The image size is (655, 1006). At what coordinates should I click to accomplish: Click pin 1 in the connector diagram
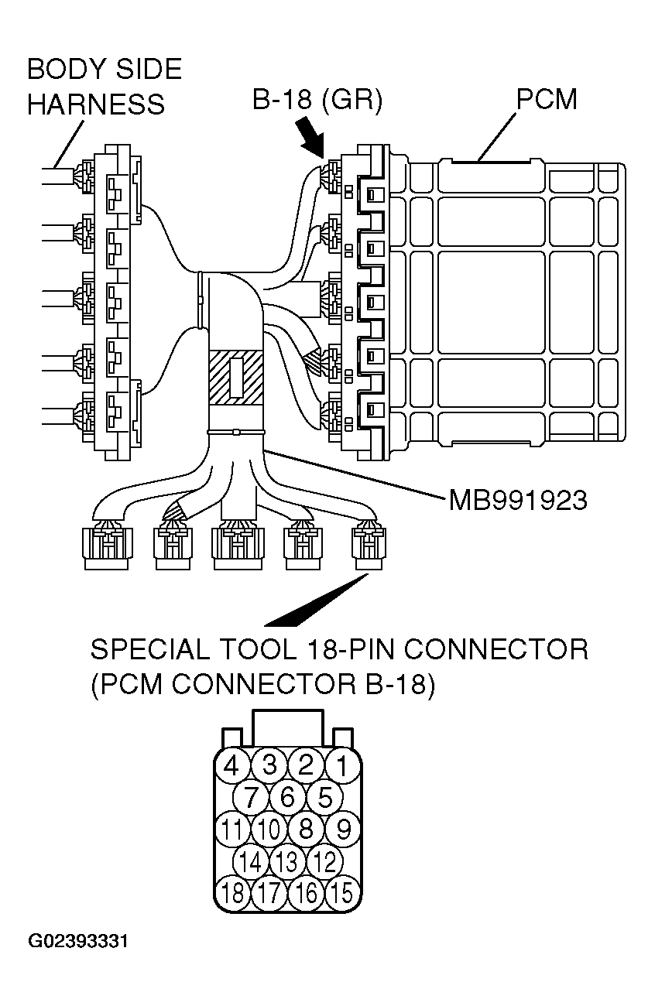342,766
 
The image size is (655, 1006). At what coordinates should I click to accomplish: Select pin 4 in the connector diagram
231,766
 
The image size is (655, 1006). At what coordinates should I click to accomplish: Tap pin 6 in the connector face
287,797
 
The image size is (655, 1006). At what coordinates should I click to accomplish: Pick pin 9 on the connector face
342,830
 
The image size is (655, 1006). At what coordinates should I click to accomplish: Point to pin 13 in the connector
287,861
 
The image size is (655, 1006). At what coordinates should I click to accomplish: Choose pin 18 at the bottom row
231,893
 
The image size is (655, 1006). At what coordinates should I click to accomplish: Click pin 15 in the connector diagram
342,893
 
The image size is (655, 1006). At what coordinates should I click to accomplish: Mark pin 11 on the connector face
231,830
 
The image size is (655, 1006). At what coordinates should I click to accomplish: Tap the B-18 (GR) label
317,101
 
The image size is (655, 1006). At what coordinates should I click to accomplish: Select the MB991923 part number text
517,501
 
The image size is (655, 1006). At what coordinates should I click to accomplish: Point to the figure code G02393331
78,943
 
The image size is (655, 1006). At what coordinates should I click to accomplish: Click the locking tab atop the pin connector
287,727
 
